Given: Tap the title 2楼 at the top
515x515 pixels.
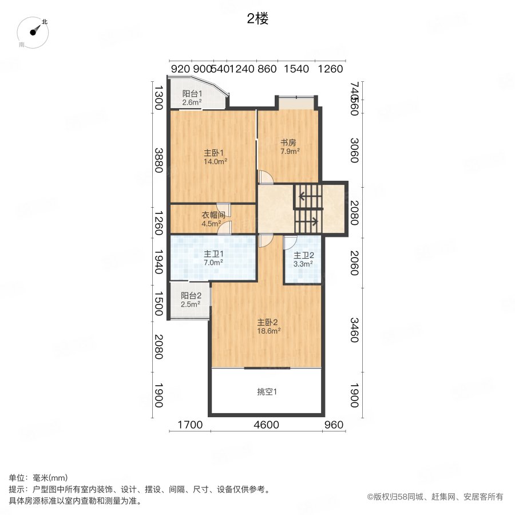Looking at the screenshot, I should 257,19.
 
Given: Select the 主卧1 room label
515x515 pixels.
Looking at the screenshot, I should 214,153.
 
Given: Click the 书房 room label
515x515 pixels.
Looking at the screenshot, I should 288,143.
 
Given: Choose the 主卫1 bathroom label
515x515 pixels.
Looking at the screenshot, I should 214,254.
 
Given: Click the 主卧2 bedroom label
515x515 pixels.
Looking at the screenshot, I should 267,322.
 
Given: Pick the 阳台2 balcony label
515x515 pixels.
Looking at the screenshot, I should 191,296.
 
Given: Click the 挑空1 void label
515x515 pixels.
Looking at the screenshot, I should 267,392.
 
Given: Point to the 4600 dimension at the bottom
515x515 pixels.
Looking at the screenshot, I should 266,425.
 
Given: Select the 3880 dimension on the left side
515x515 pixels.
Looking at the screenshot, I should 159,160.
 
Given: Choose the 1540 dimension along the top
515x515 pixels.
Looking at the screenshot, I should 296,69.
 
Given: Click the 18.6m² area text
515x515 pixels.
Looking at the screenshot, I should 268,331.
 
